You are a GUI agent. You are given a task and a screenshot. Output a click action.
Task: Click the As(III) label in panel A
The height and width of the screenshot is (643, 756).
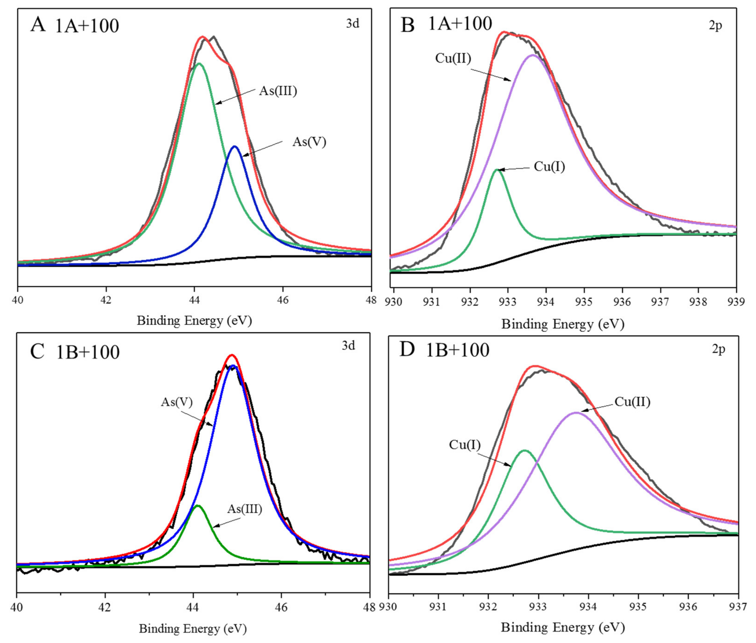click(278, 91)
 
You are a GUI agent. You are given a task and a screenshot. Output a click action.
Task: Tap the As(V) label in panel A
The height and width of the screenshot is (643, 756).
click(309, 142)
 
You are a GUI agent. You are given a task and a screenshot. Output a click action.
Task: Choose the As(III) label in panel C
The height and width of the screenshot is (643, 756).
click(245, 509)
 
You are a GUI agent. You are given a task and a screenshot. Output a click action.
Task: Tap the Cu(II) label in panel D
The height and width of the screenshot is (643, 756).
click(632, 402)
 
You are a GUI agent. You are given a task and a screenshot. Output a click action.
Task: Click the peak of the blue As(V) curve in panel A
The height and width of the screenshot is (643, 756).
click(235, 147)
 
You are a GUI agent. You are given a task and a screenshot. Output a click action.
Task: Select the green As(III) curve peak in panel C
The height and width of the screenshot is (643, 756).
click(198, 506)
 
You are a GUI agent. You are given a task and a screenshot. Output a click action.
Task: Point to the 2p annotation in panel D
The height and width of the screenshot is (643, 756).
click(718, 349)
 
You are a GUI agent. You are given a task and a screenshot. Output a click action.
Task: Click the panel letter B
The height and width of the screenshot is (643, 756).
click(407, 25)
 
